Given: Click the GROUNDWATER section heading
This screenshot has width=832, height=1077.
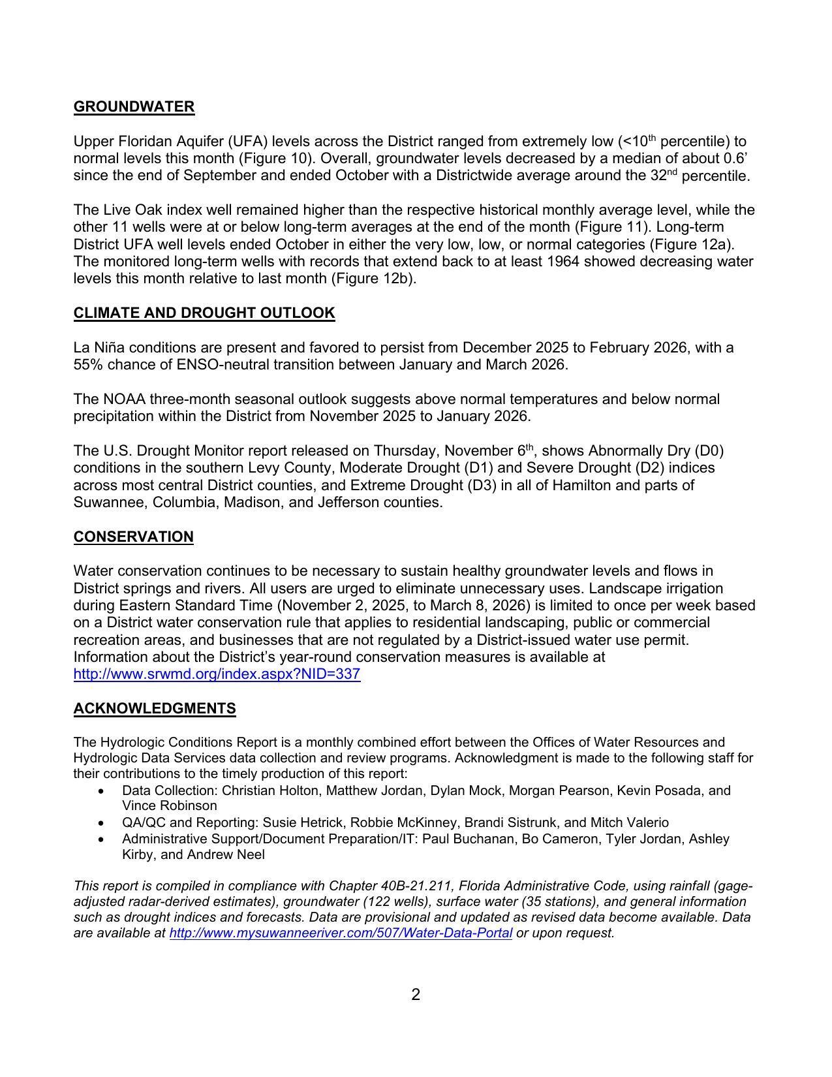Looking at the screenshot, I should [x=134, y=107].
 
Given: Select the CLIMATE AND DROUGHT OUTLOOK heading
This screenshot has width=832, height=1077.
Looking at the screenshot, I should [x=204, y=313].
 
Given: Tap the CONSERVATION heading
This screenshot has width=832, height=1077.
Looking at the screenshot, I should [x=133, y=537].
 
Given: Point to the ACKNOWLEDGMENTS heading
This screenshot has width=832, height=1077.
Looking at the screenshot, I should [x=155, y=709].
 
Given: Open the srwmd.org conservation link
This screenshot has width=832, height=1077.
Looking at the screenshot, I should [x=217, y=674].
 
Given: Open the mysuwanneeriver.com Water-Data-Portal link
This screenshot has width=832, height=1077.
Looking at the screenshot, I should [x=340, y=933].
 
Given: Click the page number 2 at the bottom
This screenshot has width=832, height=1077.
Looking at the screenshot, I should [x=416, y=995].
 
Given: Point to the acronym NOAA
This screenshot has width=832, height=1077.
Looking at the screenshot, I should [x=124, y=399].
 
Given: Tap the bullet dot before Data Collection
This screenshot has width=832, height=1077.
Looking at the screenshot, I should [x=100, y=791].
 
